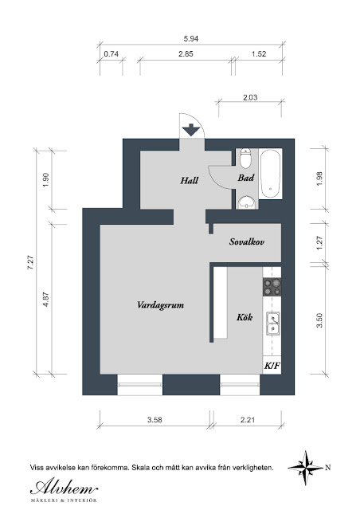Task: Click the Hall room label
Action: coord(190,180)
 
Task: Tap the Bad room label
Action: coord(246,178)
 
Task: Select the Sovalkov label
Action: coord(246,241)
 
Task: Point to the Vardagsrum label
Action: coord(160,305)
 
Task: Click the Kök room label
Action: coord(245,317)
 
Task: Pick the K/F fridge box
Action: coord(272,365)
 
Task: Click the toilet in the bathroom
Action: coord(245,158)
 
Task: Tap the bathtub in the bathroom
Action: coord(271,174)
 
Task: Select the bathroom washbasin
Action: coord(246,202)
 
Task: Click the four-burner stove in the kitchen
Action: coord(272,287)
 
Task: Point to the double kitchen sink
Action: coord(273,324)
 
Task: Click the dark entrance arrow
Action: coord(191,130)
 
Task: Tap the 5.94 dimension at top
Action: coord(191,39)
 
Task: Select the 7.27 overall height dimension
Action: coord(30,262)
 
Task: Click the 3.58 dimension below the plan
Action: coord(155,420)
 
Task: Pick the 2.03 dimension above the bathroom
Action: coord(250,97)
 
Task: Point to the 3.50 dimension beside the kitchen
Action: coord(319,320)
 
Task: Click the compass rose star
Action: coord(306,468)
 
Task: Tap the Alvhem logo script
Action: coord(64,487)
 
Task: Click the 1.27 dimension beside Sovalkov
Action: coord(319,242)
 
